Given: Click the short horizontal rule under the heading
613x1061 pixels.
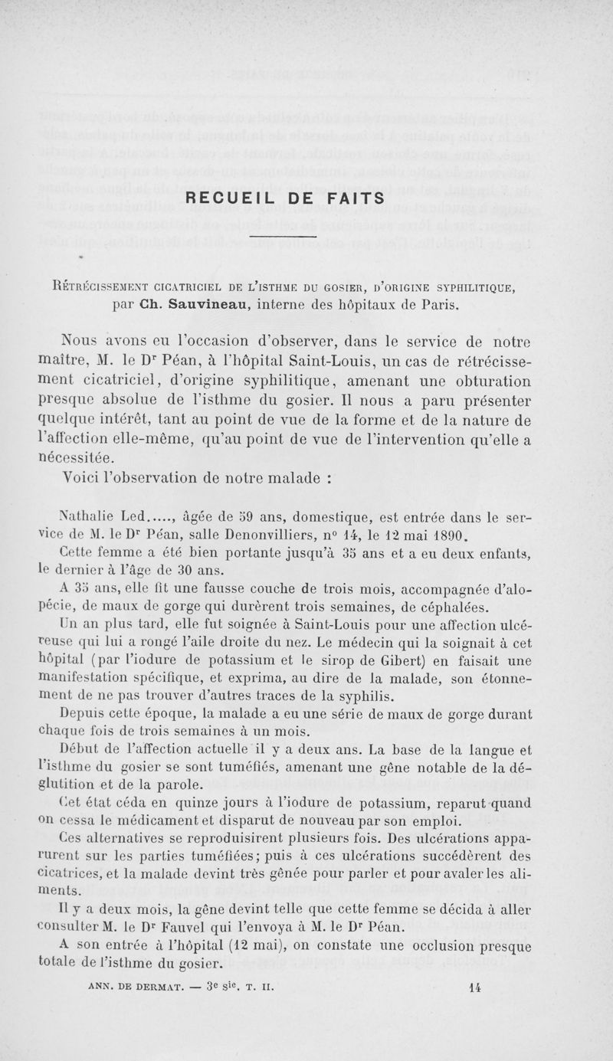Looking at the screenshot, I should pyautogui.click(x=284, y=237).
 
